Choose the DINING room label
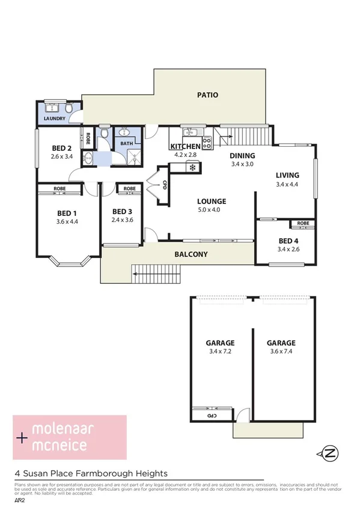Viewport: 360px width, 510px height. [243, 155]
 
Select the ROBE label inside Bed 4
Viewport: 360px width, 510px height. [303, 224]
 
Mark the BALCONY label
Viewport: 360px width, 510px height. [191, 254]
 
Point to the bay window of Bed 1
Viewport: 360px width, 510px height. [69, 260]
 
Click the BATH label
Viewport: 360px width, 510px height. [126, 144]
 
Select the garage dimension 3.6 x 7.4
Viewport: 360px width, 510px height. [281, 352]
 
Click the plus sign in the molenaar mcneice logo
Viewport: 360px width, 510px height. [23, 438]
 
